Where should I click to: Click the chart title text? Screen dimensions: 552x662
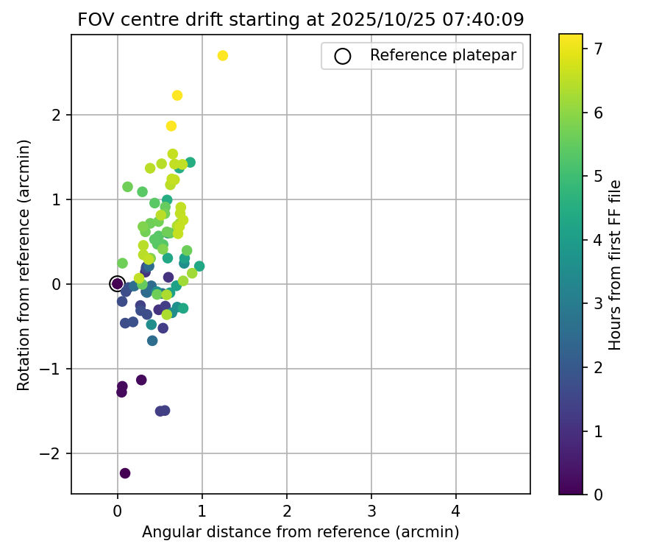[x=300, y=20]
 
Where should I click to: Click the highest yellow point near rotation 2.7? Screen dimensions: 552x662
[x=223, y=56]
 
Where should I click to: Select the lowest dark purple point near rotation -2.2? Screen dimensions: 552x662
[x=125, y=473]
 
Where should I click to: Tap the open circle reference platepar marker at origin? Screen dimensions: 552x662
[x=117, y=283]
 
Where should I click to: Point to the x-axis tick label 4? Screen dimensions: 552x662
[x=456, y=509]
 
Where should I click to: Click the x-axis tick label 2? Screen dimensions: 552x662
[x=287, y=509]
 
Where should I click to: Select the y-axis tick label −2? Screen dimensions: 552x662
[x=57, y=454]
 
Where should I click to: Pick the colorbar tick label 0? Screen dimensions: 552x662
[x=597, y=494]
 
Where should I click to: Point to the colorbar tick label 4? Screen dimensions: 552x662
[x=597, y=240]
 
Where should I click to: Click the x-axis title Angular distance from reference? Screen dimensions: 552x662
[x=300, y=532]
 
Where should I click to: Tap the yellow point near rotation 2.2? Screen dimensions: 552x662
[x=177, y=96]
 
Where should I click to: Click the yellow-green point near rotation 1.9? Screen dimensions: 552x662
[x=171, y=126]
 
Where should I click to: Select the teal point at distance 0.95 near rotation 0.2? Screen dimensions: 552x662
[x=199, y=266]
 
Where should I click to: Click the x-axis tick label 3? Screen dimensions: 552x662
[x=371, y=509]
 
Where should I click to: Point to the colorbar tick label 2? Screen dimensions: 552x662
[x=597, y=367]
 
